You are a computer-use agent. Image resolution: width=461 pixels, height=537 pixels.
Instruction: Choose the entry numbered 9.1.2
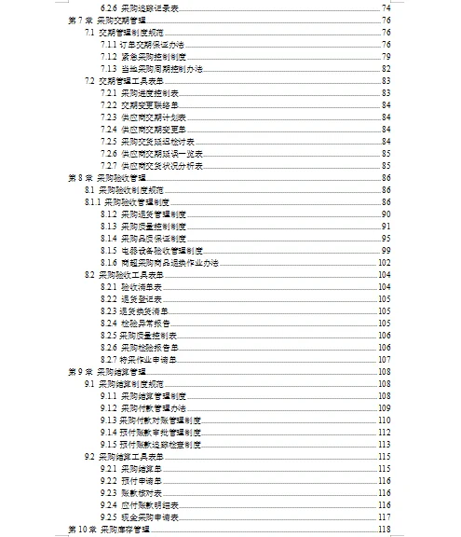pyautogui.click(x=145, y=407)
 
